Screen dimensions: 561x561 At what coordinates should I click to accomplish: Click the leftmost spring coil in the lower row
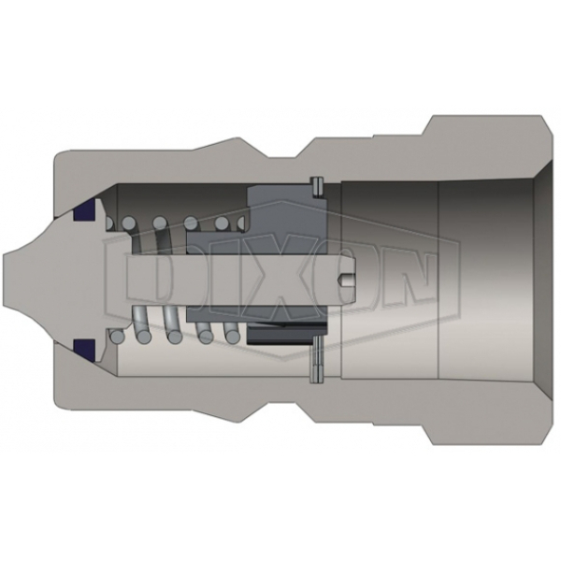[117, 334]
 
